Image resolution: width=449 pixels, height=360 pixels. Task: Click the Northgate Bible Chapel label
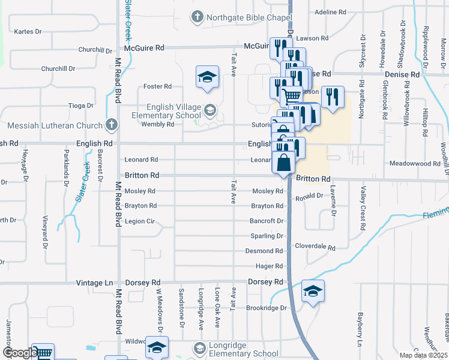coord(245,17)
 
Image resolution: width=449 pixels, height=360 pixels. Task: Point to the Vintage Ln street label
coord(95,282)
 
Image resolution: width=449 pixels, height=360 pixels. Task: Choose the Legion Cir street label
coord(140,221)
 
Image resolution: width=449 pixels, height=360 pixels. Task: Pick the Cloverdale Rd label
coord(315,247)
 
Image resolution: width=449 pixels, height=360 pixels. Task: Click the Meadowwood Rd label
coord(415,163)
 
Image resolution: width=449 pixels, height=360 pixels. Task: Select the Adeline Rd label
coord(331,11)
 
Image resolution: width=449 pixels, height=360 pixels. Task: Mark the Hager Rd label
coord(270,266)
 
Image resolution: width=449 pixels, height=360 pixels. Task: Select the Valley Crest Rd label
coord(363,208)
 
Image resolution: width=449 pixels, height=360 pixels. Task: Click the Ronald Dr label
coord(309,196)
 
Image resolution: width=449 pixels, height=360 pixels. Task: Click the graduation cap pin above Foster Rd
coord(207,77)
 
